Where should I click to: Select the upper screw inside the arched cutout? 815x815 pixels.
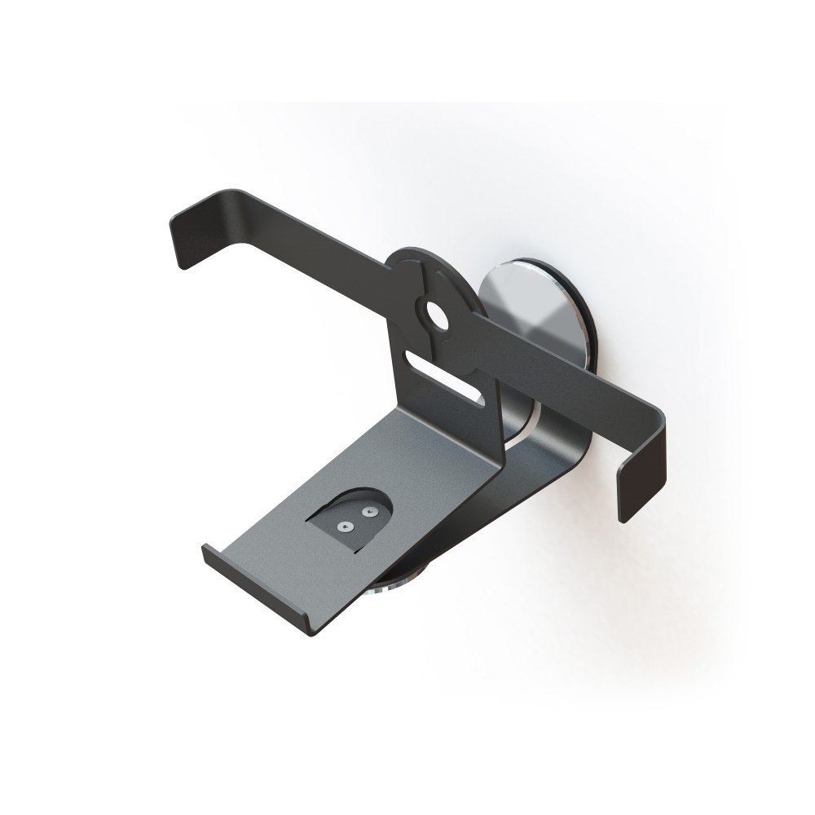click(368, 512)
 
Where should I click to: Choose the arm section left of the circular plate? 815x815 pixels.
click(310, 244)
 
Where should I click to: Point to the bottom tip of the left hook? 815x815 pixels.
click(182, 265)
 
